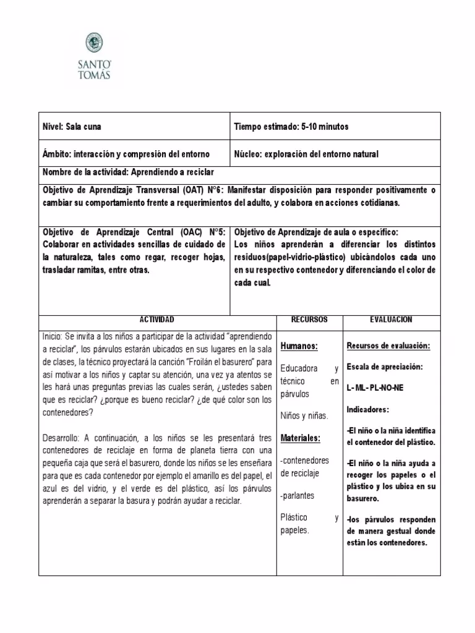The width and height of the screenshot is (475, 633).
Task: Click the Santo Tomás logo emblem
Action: click(x=94, y=43)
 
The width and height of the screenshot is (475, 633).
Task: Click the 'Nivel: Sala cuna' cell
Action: click(x=72, y=127)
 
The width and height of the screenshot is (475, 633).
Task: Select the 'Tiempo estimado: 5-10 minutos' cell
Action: click(x=291, y=127)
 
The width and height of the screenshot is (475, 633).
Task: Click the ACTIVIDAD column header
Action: click(x=157, y=320)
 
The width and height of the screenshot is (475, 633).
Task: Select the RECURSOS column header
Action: click(x=309, y=320)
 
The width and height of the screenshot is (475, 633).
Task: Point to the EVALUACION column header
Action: click(x=392, y=320)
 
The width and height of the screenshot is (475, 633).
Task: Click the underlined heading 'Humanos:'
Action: click(x=299, y=346)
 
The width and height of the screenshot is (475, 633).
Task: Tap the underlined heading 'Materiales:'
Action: click(x=300, y=438)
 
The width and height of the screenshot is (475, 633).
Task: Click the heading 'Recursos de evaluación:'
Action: click(x=388, y=346)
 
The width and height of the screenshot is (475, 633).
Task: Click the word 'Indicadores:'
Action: click(x=367, y=409)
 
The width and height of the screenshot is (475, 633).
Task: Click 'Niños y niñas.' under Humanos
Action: click(x=304, y=416)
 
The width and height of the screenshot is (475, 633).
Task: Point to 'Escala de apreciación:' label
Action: click(x=385, y=367)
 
